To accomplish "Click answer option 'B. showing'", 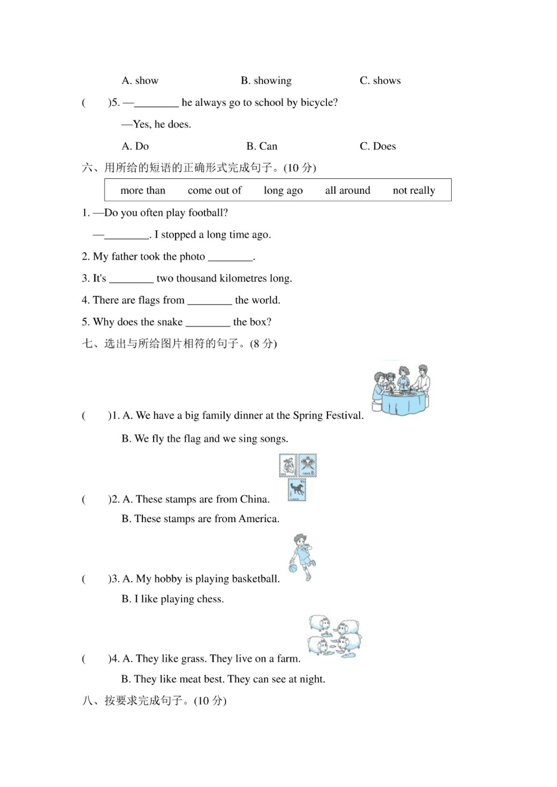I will click(x=266, y=81).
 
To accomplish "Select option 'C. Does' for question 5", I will click(x=378, y=146).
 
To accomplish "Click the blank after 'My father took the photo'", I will click(x=230, y=257).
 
